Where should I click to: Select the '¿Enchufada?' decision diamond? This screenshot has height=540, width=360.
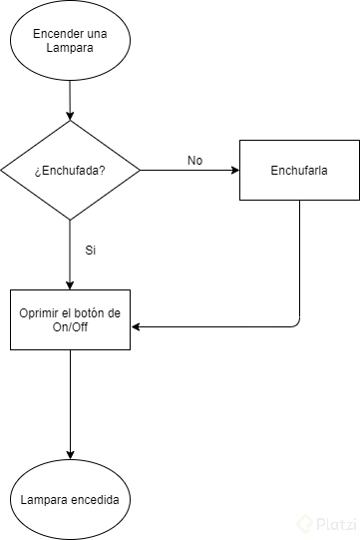pyautogui.click(x=70, y=170)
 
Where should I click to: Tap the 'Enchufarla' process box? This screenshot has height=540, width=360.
pyautogui.click(x=299, y=170)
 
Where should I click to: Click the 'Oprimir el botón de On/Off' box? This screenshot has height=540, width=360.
pyautogui.click(x=70, y=319)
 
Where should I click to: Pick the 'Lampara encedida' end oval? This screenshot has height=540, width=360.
pyautogui.click(x=70, y=498)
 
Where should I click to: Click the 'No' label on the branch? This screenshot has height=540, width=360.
pyautogui.click(x=194, y=160)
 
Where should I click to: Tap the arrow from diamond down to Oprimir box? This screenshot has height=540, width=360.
pyautogui.click(x=70, y=255)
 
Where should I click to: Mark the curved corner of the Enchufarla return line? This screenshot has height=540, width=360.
pyautogui.click(x=296, y=322)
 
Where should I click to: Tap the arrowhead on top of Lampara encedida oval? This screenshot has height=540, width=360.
pyautogui.click(x=70, y=455)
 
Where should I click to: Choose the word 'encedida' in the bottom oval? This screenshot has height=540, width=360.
pyautogui.click(x=99, y=498)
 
